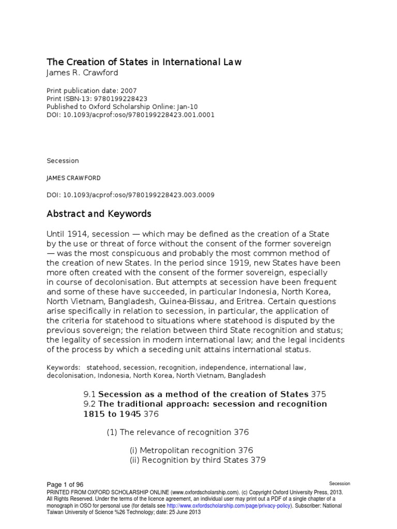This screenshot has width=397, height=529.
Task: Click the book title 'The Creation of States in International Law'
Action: (x=144, y=63)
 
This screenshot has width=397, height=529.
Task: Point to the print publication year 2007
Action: (x=128, y=90)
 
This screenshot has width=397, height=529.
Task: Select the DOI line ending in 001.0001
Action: (x=130, y=115)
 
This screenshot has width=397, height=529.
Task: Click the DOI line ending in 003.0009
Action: (x=130, y=195)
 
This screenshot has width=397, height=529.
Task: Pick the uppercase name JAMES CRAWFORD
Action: (x=73, y=178)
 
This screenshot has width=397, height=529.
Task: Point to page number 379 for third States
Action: (x=257, y=460)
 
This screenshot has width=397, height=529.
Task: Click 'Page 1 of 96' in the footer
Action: (x=65, y=484)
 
